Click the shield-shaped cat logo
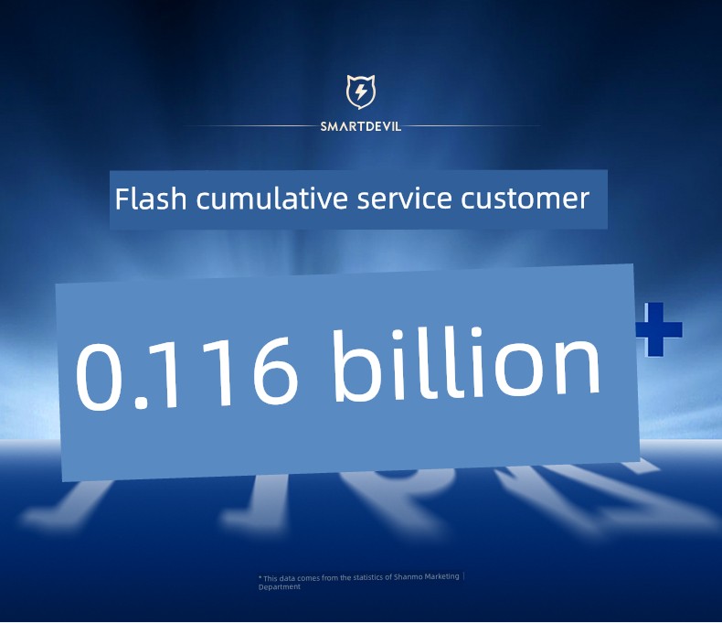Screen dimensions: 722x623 [360, 91]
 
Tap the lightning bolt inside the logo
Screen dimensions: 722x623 [361, 91]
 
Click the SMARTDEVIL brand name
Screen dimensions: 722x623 [360, 126]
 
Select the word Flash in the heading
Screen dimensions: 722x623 [151, 199]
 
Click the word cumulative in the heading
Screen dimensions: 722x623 [271, 199]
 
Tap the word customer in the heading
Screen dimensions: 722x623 [525, 199]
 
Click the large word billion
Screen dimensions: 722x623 [466, 364]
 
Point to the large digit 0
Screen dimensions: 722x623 [99, 377]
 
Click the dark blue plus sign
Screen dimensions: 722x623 [659, 329]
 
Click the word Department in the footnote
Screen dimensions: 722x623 [279, 586]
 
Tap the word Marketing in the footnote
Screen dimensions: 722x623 [441, 576]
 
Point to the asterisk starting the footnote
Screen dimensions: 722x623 [260, 576]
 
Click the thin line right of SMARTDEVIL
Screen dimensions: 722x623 [472, 125]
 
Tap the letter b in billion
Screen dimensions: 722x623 [357, 366]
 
